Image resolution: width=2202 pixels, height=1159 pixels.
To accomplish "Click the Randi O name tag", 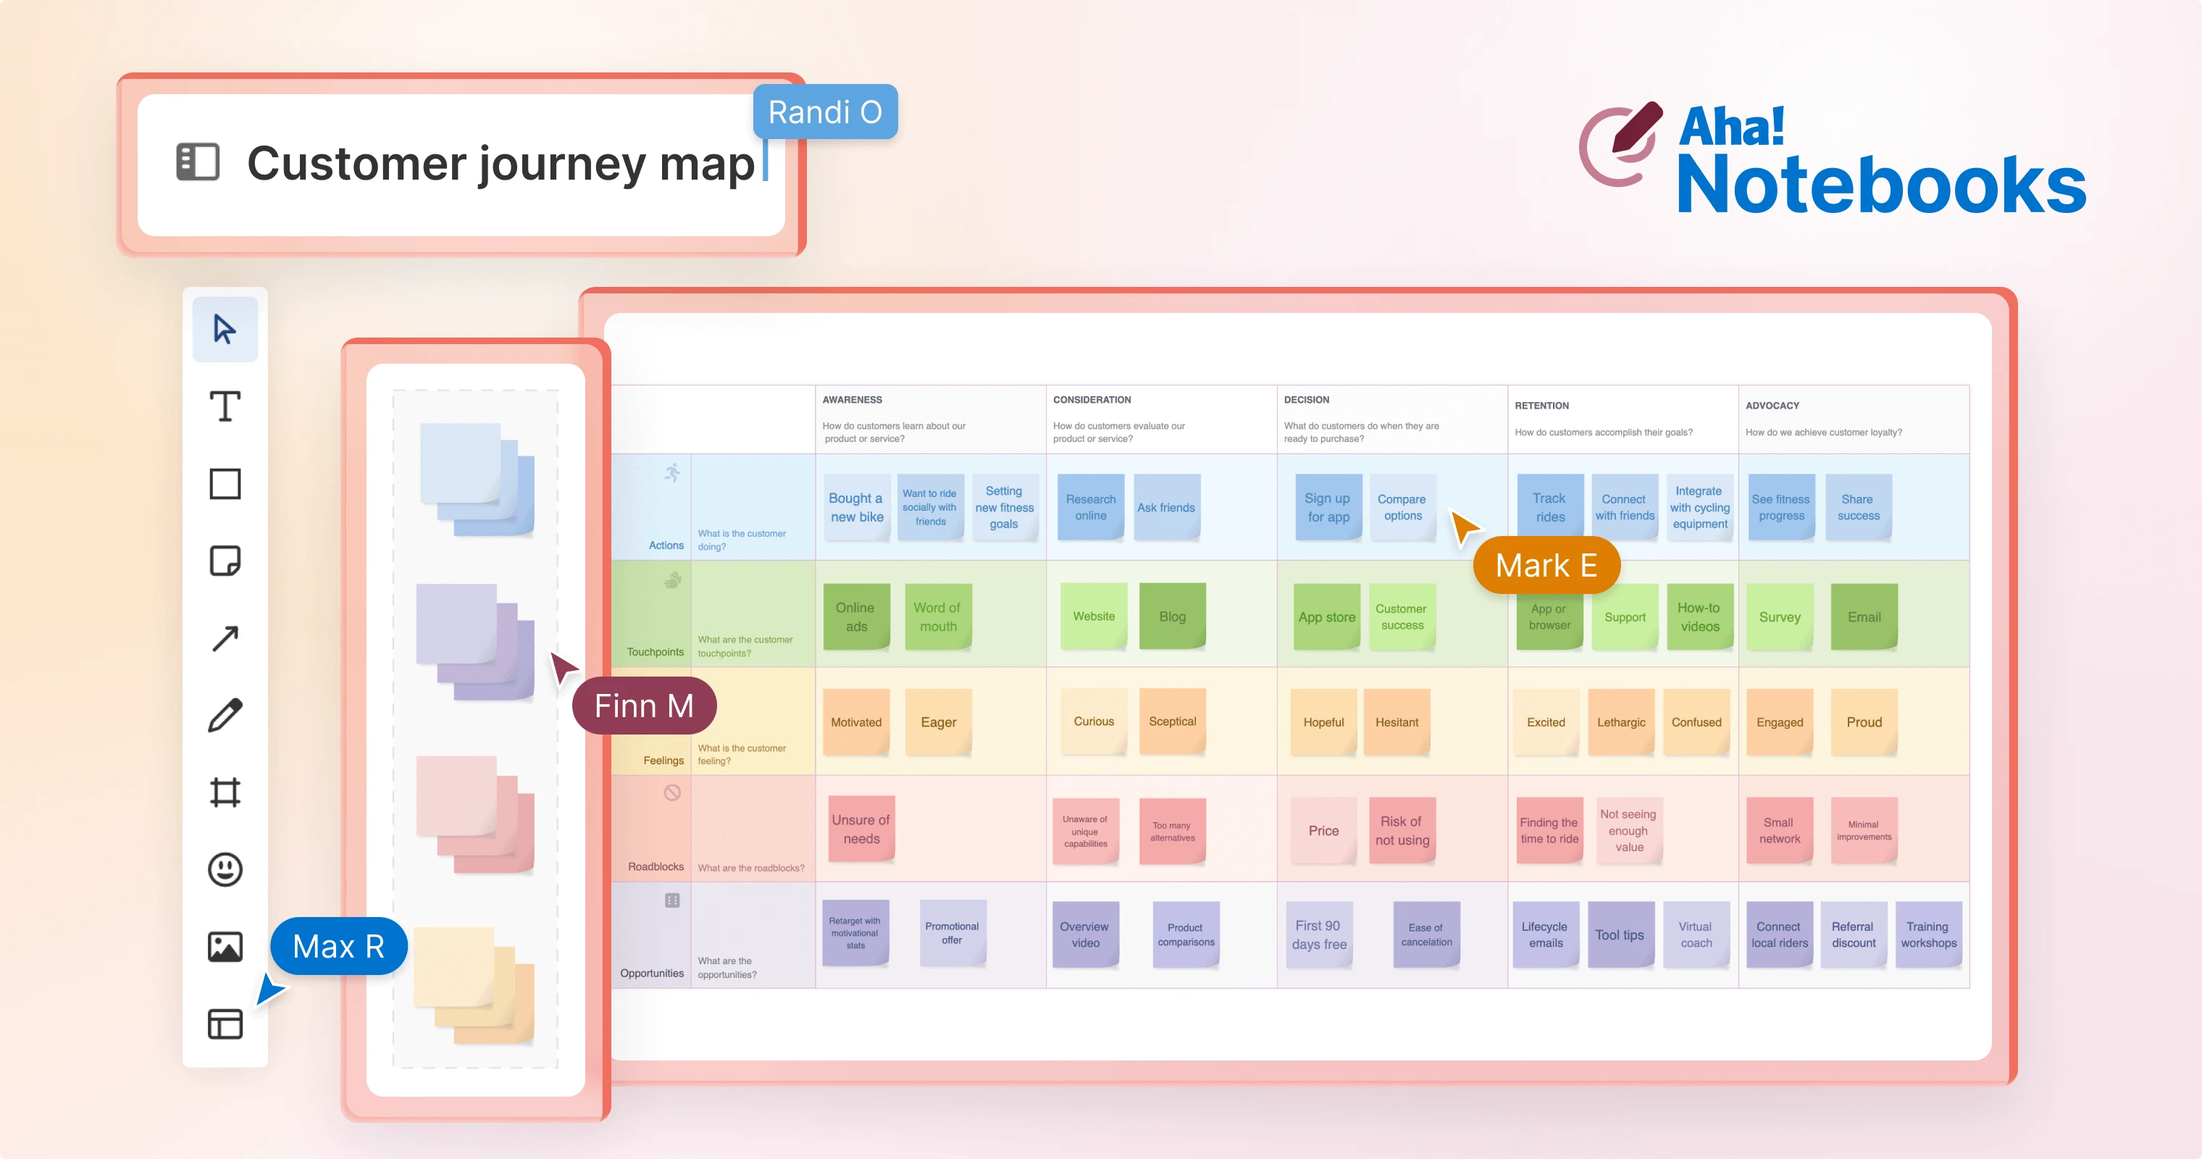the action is pyautogui.click(x=825, y=112).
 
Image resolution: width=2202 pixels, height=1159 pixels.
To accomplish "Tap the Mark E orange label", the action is pyautogui.click(x=1546, y=565).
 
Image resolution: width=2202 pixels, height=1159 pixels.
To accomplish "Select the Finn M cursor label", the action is pyautogui.click(x=644, y=706).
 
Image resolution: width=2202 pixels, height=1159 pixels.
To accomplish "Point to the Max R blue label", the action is pyautogui.click(x=338, y=946).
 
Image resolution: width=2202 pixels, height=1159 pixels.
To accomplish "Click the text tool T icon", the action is pyautogui.click(x=225, y=407).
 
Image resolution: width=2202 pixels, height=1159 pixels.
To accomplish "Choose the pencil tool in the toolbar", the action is pyautogui.click(x=225, y=716).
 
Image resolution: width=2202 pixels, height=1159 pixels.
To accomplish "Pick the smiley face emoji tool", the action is pyautogui.click(x=225, y=869).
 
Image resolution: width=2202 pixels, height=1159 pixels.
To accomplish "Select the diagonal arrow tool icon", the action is pyautogui.click(x=225, y=638).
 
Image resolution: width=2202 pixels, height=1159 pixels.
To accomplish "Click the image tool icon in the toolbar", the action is pyautogui.click(x=225, y=946).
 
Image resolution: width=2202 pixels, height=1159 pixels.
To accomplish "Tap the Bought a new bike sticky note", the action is pyautogui.click(x=856, y=507).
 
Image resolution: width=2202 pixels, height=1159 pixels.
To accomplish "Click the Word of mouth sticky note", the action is pyautogui.click(x=938, y=616).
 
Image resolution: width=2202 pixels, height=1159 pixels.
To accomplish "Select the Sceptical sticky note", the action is pyautogui.click(x=1172, y=721).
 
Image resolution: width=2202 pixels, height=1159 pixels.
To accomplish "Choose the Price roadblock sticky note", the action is pyautogui.click(x=1323, y=830).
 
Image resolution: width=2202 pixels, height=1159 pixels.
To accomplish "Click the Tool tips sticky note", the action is pyautogui.click(x=1619, y=934).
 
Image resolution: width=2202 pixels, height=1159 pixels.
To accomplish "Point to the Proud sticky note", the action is pyautogui.click(x=1864, y=722).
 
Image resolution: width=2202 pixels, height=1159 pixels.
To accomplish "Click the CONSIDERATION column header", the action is pyautogui.click(x=1092, y=399).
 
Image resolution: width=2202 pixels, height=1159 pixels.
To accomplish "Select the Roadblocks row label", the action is pyautogui.click(x=656, y=866).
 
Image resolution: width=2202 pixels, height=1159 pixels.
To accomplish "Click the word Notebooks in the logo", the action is pyautogui.click(x=1880, y=185).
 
